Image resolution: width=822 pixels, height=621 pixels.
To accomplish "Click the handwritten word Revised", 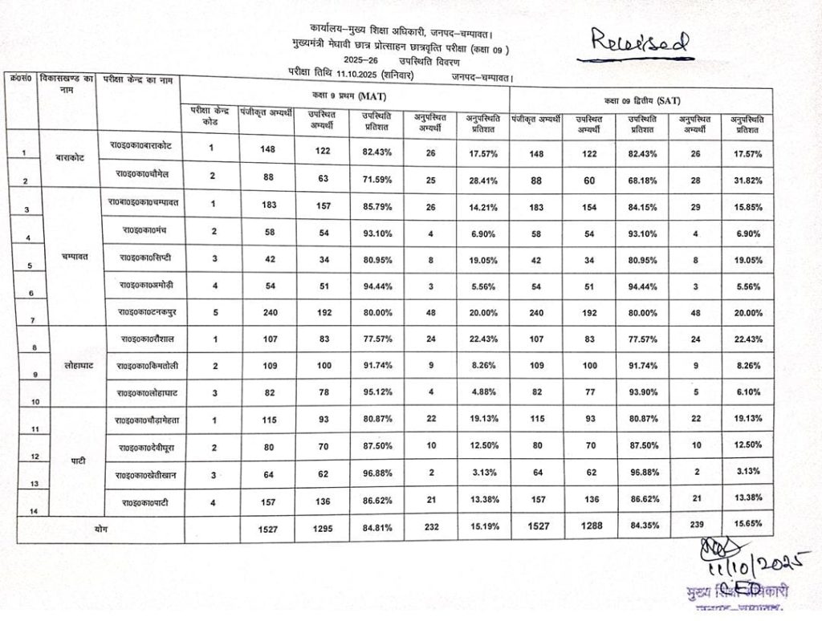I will point(640,43).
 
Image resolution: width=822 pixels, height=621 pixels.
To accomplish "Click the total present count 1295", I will point(321,528).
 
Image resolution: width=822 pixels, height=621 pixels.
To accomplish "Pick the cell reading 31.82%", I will point(747,180).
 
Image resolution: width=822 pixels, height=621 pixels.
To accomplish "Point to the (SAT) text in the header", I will point(671,101).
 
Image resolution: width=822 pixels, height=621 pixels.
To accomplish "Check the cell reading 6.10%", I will point(747,392).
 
